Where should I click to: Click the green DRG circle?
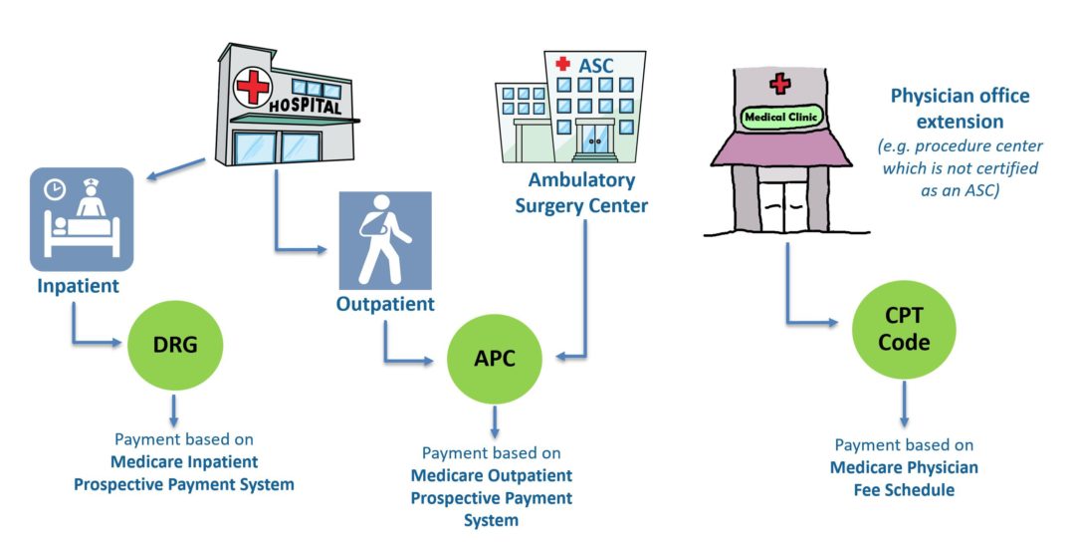coord(175,346)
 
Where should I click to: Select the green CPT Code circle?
coord(905,330)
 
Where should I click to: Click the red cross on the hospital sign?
coord(253,88)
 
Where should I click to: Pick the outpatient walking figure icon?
coord(384,240)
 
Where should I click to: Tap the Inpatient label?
coord(79,286)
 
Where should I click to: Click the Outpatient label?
coord(386,304)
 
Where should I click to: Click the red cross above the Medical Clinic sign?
coord(780,84)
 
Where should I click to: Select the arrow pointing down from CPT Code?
coord(905,406)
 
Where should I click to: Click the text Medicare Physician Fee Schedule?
coord(904,478)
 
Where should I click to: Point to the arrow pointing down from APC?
coord(495,421)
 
